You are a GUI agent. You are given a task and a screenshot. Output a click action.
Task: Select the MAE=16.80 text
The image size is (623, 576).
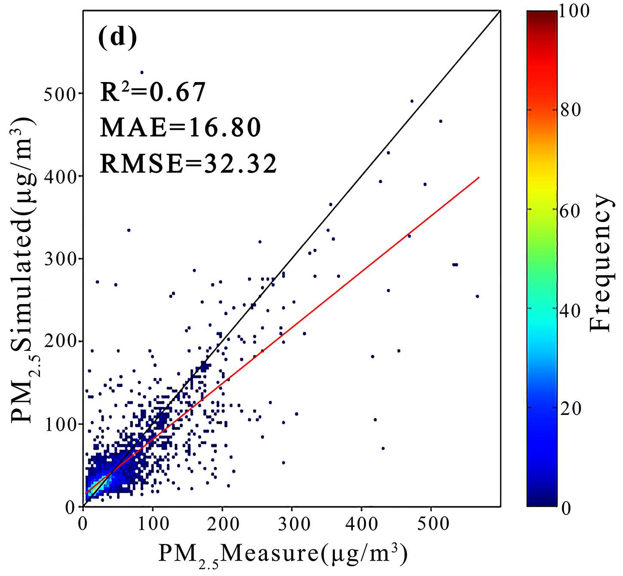pyautogui.click(x=181, y=128)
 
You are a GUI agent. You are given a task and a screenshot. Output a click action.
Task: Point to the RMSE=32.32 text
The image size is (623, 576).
pyautogui.click(x=188, y=164)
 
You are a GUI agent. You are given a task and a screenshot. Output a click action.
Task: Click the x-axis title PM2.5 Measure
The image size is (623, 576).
pyautogui.click(x=283, y=555)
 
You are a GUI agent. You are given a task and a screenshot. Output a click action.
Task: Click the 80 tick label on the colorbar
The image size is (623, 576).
pyautogui.click(x=571, y=110)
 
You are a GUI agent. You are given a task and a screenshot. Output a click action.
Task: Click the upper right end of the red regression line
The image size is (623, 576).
pyautogui.click(x=479, y=177)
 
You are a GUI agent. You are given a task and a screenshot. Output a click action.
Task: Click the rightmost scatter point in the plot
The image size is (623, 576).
pyautogui.click(x=477, y=296)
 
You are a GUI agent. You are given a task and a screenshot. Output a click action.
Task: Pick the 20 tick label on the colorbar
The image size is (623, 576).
pyautogui.click(x=571, y=408)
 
